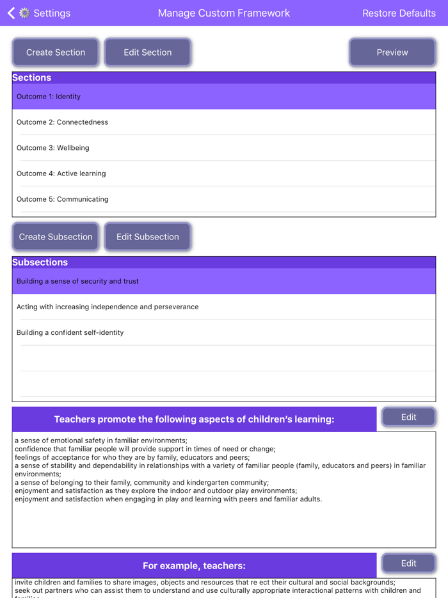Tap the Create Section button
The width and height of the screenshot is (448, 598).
pos(56,53)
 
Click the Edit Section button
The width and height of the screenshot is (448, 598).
pos(147,53)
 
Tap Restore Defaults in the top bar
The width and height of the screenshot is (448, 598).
pos(399,13)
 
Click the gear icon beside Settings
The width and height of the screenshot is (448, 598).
pos(24,13)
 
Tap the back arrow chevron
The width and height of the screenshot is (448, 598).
pos(11,13)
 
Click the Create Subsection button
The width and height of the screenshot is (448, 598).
pos(56,237)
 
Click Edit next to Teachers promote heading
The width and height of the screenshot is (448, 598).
pos(408,417)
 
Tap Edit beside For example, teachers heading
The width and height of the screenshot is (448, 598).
pos(408,563)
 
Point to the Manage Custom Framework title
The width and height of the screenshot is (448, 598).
pos(224,13)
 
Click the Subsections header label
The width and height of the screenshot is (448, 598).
pos(40,263)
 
